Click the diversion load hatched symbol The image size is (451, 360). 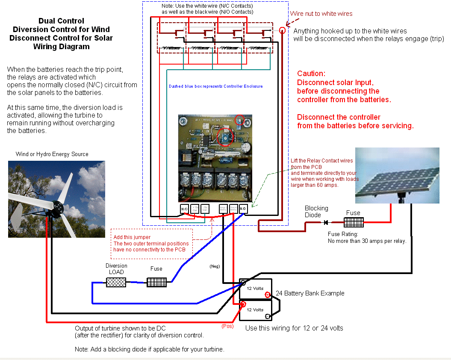[116, 282]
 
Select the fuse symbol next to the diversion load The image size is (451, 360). [156, 282]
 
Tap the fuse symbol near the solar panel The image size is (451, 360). [354, 222]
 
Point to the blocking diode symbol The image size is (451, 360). [326, 222]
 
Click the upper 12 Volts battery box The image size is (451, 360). [255, 289]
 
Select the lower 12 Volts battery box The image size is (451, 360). [255, 310]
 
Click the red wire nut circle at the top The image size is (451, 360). [282, 30]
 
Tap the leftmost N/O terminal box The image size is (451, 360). [184, 209]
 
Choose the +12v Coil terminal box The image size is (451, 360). [195, 209]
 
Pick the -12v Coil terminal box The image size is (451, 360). [205, 209]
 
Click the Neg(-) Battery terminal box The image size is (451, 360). [223, 209]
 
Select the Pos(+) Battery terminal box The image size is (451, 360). [233, 209]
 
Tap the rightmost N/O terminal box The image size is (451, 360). [243, 209]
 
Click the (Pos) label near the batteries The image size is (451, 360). [227, 326]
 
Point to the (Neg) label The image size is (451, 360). [214, 266]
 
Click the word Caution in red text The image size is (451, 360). [311, 74]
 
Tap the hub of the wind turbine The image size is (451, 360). [58, 207]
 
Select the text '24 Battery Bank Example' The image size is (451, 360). [310, 293]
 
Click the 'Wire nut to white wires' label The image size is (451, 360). [321, 14]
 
